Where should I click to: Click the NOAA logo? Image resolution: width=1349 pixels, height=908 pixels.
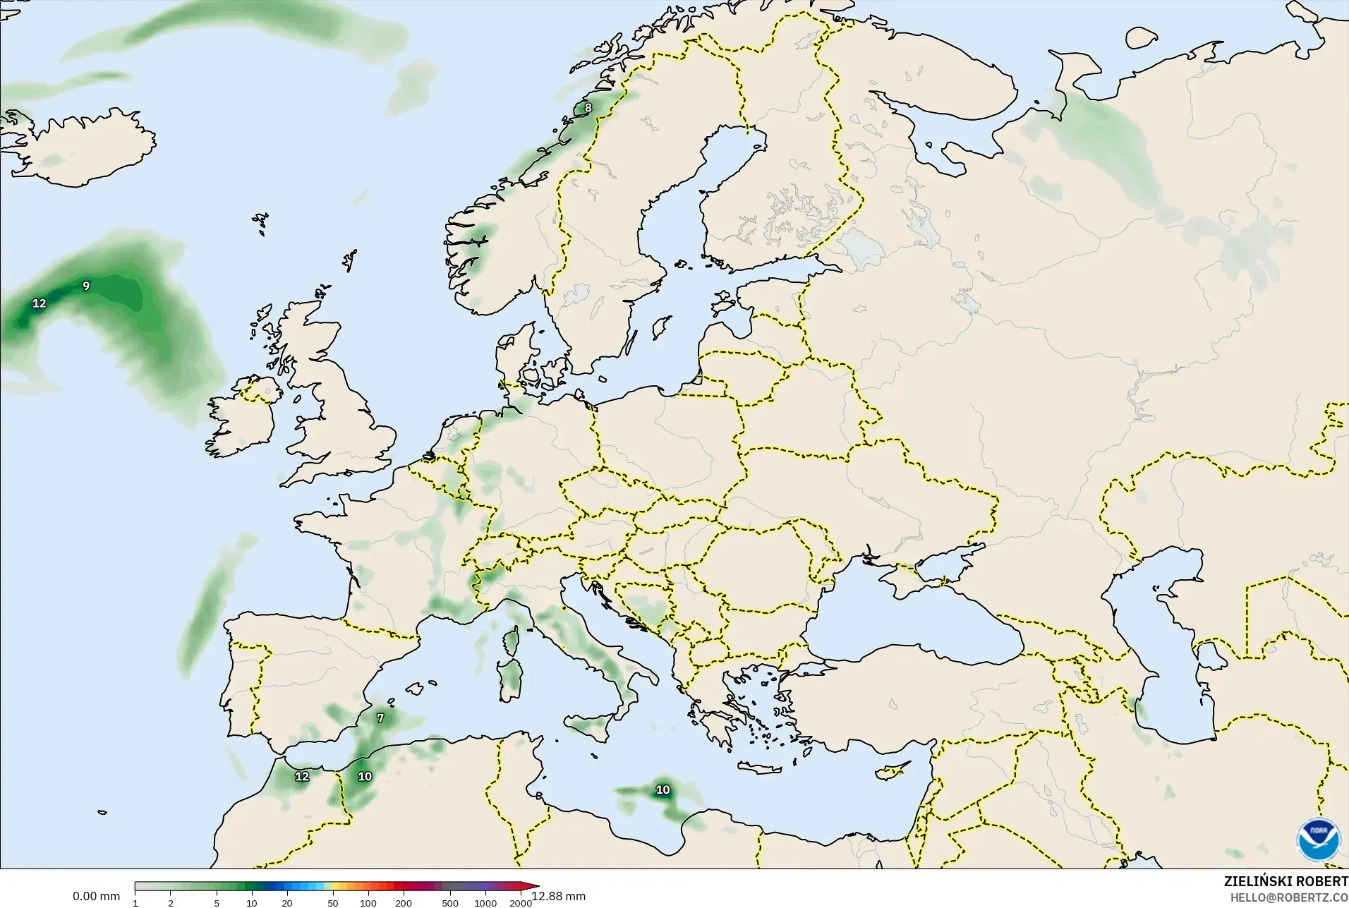click(x=1318, y=838)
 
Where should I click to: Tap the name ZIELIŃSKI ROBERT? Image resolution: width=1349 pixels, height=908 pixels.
click(x=1286, y=882)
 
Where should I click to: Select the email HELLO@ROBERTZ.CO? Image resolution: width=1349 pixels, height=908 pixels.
click(x=1289, y=898)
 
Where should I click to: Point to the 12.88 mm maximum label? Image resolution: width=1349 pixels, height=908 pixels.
click(x=559, y=896)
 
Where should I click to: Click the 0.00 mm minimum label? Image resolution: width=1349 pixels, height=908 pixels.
click(x=96, y=897)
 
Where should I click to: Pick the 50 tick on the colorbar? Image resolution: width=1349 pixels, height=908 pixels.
click(x=332, y=903)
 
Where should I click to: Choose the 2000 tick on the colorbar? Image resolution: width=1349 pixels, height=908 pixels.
click(x=521, y=903)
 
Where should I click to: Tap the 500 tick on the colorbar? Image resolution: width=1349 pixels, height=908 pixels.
click(x=450, y=903)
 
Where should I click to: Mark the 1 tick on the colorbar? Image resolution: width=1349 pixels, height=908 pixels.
click(x=135, y=903)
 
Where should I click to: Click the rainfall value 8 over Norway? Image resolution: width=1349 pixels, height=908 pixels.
click(x=588, y=108)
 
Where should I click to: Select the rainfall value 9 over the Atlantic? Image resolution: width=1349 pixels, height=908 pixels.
click(x=86, y=286)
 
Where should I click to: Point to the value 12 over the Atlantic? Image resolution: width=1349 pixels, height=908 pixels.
click(x=40, y=303)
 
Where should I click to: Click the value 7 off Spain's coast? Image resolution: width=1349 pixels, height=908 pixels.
click(x=380, y=718)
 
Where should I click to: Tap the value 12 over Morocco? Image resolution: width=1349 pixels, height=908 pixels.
click(x=302, y=777)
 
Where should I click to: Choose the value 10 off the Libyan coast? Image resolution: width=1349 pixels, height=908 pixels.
click(x=663, y=790)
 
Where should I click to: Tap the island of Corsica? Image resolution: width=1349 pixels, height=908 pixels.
click(x=511, y=641)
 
